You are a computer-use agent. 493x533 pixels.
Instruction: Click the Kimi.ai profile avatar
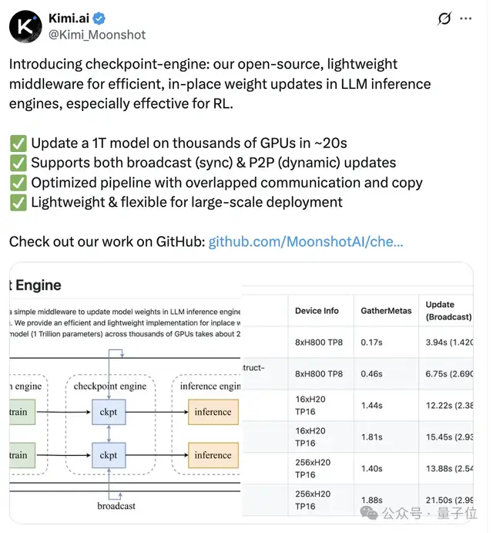click(25, 26)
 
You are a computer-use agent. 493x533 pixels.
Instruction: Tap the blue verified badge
click(103, 18)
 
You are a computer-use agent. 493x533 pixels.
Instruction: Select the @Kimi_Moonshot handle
click(98, 34)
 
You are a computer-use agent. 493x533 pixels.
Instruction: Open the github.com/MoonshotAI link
click(306, 241)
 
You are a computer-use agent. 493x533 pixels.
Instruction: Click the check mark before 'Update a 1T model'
click(18, 143)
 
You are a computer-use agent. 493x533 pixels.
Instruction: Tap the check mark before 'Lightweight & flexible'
click(18, 203)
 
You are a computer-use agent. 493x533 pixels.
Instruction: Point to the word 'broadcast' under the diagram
click(116, 505)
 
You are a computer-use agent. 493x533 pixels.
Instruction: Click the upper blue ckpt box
click(109, 412)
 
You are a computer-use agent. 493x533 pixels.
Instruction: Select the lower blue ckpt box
click(109, 455)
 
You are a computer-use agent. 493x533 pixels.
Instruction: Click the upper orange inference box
click(213, 412)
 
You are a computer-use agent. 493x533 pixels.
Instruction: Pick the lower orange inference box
click(213, 455)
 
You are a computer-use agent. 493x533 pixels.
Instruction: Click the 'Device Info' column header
click(317, 311)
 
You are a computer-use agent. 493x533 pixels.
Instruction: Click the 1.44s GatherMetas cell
click(371, 405)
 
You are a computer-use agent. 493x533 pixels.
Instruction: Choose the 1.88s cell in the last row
click(371, 500)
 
